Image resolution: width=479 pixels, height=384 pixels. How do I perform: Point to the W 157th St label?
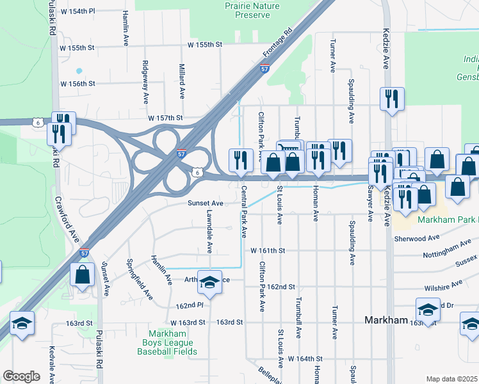tap(165, 118)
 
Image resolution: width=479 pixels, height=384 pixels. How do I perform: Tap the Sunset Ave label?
tap(205, 203)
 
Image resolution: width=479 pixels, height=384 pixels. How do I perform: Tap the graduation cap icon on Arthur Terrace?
tap(209, 281)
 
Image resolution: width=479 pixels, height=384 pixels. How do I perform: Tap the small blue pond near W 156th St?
tap(79, 70)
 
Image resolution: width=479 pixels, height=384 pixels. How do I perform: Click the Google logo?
tap(21, 376)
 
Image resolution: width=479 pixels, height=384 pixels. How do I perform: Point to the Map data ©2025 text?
tap(451, 379)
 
